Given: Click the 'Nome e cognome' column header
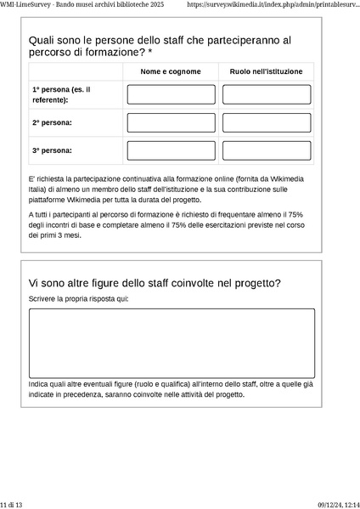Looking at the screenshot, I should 171,71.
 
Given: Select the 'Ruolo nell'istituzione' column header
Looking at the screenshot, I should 266,71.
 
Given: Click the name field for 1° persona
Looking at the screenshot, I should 171,94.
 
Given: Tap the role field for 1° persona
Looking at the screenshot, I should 267,94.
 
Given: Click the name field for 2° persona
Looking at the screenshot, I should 171,122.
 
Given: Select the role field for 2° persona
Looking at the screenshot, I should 267,122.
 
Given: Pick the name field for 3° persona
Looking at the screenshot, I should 171,150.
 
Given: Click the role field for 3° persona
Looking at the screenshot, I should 267,150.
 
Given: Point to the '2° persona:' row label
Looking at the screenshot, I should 52,122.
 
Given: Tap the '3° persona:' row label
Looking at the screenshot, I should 52,150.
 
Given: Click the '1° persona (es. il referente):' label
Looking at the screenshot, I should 61,94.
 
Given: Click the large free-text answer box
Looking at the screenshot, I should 172,342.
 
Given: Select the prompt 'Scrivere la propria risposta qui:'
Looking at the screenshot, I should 78,300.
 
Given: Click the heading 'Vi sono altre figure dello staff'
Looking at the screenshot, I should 155,282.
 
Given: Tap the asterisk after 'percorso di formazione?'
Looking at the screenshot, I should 150,53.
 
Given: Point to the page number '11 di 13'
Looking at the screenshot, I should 11,504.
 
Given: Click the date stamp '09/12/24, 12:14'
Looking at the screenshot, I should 339,504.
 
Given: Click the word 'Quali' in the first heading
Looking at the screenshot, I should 42,40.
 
